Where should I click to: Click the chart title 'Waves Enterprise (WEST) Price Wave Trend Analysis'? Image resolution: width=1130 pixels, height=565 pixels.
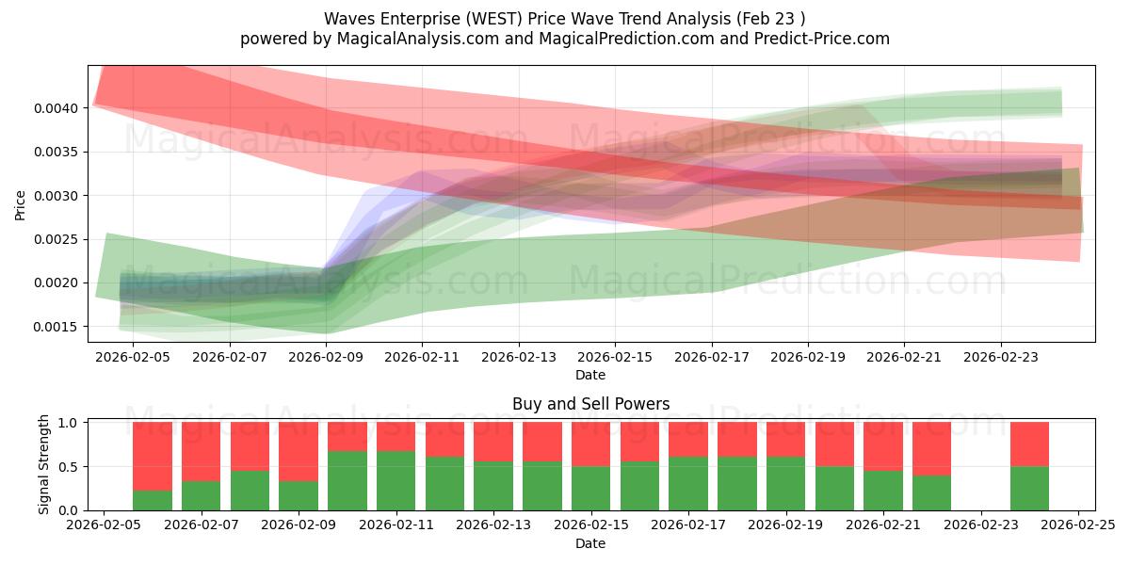pos(564,19)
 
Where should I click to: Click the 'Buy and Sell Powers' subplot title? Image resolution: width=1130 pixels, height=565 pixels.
pos(590,404)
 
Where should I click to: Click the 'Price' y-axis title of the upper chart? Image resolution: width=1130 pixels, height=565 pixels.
pos(20,203)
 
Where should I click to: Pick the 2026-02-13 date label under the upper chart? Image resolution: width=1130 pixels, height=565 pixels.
pos(518,358)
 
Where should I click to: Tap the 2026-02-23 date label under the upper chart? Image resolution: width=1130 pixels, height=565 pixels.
pos(1000,358)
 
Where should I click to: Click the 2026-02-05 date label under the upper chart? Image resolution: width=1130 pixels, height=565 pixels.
pos(133,358)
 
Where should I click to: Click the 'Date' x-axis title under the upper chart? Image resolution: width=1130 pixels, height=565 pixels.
pos(590,375)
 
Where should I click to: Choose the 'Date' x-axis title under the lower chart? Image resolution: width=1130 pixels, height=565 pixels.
pos(590,543)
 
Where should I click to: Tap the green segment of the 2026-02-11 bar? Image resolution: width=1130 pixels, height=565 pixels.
pos(396,481)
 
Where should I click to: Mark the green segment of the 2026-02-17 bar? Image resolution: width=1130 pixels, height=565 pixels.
pos(688,484)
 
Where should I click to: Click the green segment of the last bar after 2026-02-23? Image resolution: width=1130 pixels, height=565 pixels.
pos(1029,489)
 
